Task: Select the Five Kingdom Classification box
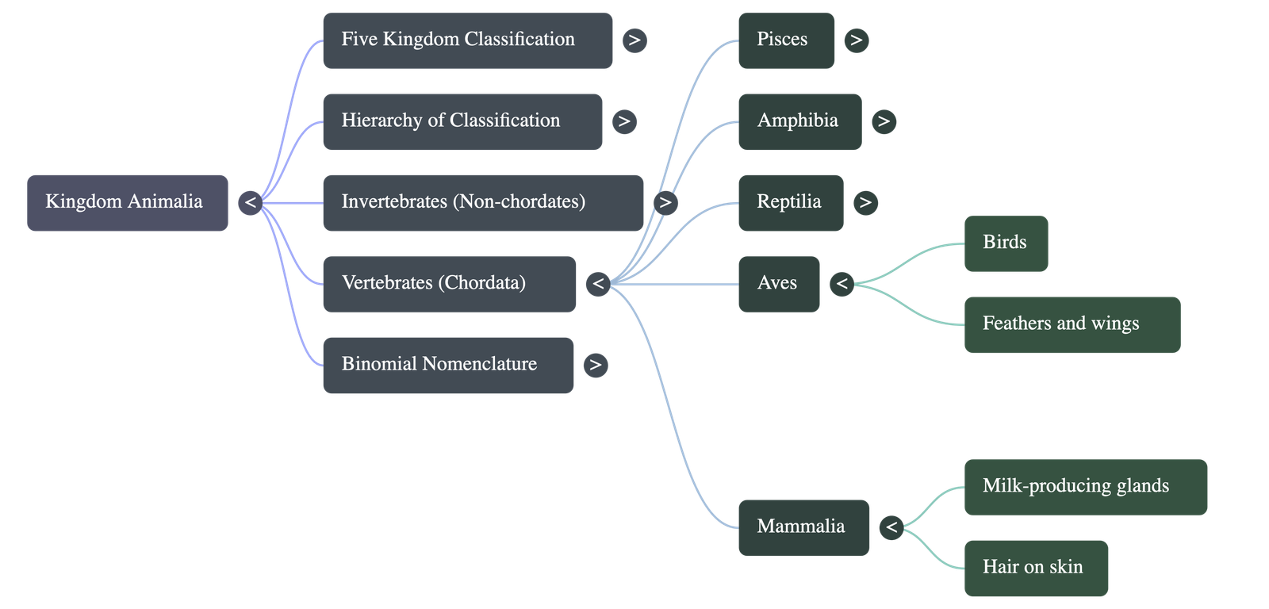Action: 467,40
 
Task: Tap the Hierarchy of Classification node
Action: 462,121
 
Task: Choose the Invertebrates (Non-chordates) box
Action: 482,202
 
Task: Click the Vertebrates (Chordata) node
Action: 449,283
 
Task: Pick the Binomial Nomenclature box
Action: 447,365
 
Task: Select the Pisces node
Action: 785,40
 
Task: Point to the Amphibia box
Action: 799,121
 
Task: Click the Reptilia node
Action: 790,202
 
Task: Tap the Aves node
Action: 778,283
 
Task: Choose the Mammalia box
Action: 803,527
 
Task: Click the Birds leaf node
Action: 1006,243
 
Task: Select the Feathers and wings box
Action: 1072,324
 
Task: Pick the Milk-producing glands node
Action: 1085,486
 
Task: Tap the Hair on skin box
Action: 1035,568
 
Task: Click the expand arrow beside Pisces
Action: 856,40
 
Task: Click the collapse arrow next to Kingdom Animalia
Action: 250,203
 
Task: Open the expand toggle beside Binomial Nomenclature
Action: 595,365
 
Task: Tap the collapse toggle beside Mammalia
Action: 891,527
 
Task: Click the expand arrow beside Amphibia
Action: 884,121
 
